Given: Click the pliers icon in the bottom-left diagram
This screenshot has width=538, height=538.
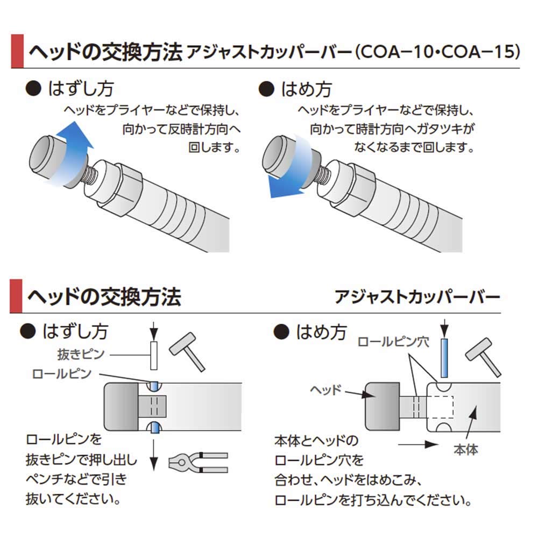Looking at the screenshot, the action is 198,462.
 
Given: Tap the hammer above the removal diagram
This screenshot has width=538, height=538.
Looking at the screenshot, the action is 187,351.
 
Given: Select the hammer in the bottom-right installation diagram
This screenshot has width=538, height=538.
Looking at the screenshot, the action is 483,357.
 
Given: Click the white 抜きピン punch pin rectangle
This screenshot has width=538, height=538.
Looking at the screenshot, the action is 154,355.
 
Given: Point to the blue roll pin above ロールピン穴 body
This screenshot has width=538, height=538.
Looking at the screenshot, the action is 444,358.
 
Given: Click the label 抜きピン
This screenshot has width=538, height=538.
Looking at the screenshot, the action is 81,354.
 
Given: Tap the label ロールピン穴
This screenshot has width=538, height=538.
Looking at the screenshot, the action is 393,342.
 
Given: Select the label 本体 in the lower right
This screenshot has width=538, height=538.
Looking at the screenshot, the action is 465,449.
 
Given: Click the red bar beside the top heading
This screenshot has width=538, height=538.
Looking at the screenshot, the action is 17,51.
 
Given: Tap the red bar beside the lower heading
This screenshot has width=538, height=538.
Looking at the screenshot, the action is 16,296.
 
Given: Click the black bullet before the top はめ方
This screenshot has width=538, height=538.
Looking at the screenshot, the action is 266,89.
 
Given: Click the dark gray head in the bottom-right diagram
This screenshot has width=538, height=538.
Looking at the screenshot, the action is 382,407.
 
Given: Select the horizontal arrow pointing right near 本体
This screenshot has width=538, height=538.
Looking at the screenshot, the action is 419,445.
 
